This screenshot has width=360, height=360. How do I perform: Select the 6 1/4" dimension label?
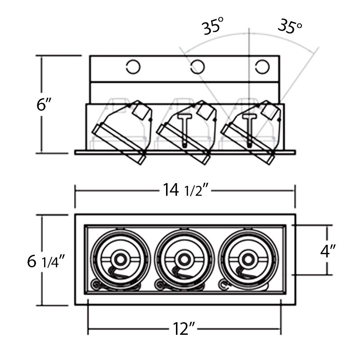click(x=47, y=261)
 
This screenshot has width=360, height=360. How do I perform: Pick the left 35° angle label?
click(x=212, y=27)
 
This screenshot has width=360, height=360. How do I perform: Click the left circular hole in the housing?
click(x=133, y=67)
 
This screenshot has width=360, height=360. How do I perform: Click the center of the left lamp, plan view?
click(x=120, y=258)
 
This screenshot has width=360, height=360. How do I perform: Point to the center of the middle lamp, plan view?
click(x=183, y=258)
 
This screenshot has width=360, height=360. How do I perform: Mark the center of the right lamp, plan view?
click(x=247, y=258)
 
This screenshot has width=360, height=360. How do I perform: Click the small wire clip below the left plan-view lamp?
click(x=96, y=283)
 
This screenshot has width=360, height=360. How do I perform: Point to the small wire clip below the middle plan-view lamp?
click(x=160, y=283)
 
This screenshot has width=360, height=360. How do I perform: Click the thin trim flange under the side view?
click(x=184, y=152)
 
